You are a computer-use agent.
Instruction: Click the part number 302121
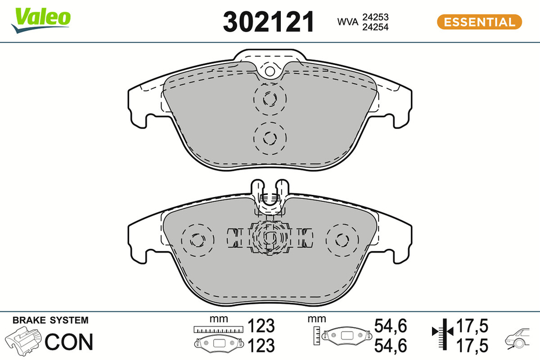pyautogui.click(x=268, y=22)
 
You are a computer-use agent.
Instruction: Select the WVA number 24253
pyautogui.click(x=377, y=17)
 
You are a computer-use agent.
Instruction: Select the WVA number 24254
pyautogui.click(x=377, y=26)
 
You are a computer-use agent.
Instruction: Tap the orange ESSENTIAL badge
pyautogui.click(x=478, y=22)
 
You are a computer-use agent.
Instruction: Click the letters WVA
pyautogui.click(x=349, y=22)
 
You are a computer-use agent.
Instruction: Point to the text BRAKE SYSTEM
pyautogui.click(x=50, y=320)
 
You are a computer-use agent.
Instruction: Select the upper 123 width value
pyautogui.click(x=261, y=327)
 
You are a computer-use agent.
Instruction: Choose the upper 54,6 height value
pyautogui.click(x=390, y=325)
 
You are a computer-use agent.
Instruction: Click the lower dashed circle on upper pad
pyautogui.click(x=269, y=137)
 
